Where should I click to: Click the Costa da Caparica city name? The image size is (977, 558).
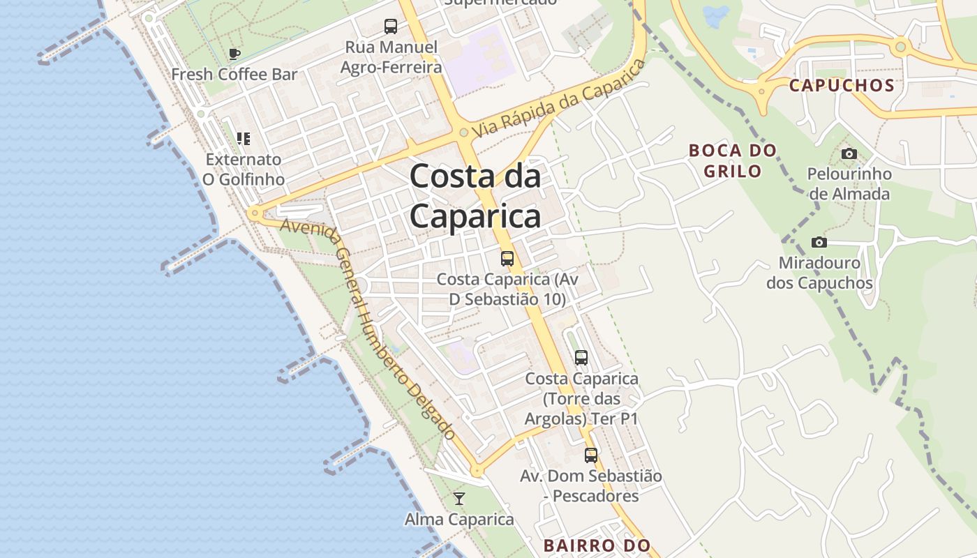pyautogui.click(x=475, y=196)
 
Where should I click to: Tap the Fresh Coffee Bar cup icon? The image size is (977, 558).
pyautogui.click(x=234, y=54)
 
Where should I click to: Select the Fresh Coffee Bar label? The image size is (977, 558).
pyautogui.click(x=234, y=74)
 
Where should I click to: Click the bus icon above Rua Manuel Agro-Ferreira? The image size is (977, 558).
pyautogui.click(x=391, y=27)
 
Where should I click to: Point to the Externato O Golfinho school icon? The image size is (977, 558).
pyautogui.click(x=243, y=139)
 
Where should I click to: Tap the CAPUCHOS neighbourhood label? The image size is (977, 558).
pyautogui.click(x=842, y=86)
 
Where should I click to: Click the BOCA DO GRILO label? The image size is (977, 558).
pyautogui.click(x=732, y=160)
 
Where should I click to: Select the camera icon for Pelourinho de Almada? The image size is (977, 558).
pyautogui.click(x=849, y=153)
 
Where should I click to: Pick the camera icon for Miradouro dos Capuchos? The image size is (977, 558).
pyautogui.click(x=819, y=242)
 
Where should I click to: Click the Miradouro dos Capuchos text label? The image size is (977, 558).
pyautogui.click(x=819, y=273)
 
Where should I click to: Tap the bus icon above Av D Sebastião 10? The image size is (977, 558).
pyautogui.click(x=507, y=258)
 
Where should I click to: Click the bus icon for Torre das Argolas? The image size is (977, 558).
pyautogui.click(x=581, y=358)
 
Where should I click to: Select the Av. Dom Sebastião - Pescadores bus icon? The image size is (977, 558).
pyautogui.click(x=591, y=455)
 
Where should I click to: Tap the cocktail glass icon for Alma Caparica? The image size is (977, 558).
pyautogui.click(x=459, y=498)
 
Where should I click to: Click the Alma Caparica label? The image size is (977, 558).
pyautogui.click(x=459, y=520)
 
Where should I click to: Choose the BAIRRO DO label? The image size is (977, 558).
pyautogui.click(x=597, y=545)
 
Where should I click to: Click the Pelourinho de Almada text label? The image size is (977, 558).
pyautogui.click(x=849, y=183)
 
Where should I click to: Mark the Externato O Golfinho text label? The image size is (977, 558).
pyautogui.click(x=243, y=169)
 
